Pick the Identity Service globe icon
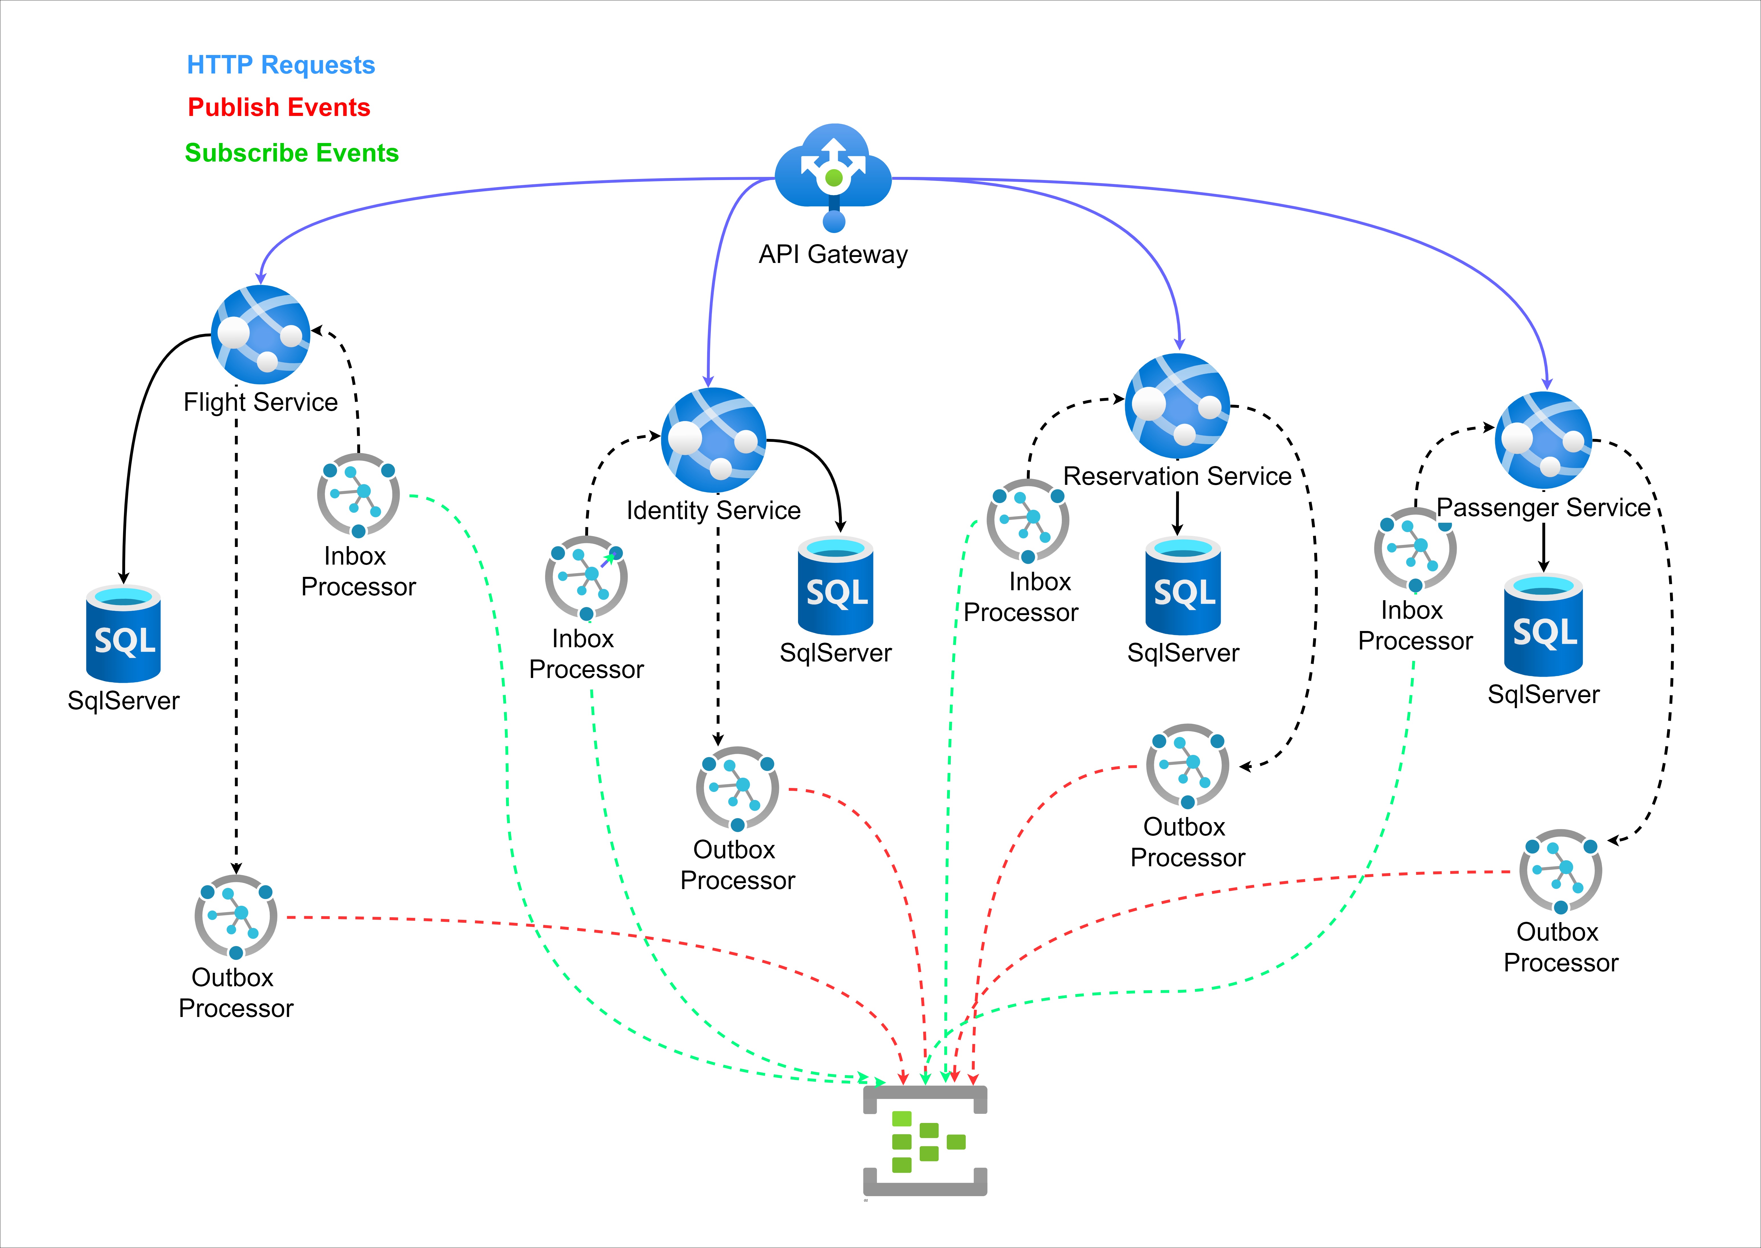713,440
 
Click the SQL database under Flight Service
124,634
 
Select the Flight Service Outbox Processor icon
236,917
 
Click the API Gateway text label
833,254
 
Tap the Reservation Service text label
1177,477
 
